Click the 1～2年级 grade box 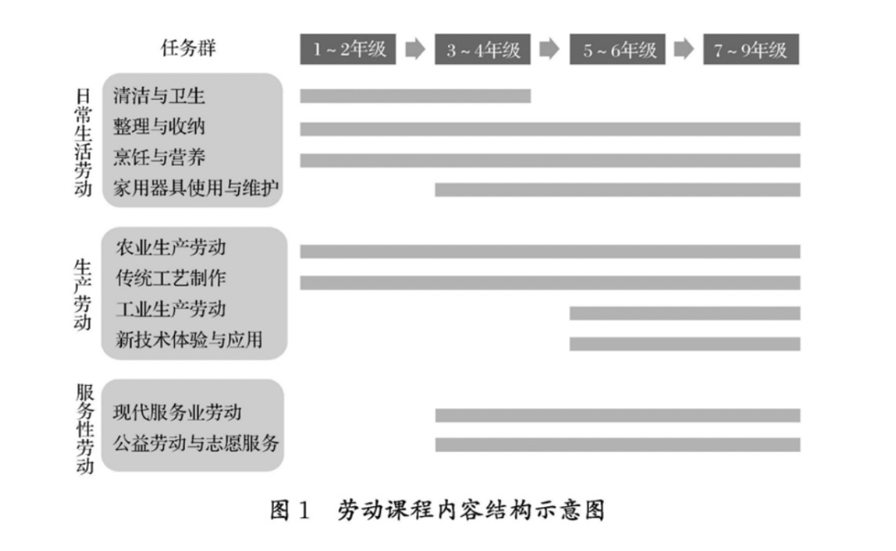[x=348, y=50]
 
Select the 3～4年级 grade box [x=483, y=50]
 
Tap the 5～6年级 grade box [x=618, y=50]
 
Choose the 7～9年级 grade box [x=751, y=50]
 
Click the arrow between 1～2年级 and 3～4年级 [x=415, y=50]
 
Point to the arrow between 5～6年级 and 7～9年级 [x=684, y=50]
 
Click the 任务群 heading [x=188, y=50]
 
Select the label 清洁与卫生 [x=159, y=96]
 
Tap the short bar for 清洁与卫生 [x=415, y=96]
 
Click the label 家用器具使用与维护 [x=197, y=190]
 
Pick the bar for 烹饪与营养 [x=550, y=160]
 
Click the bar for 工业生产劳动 [x=684, y=313]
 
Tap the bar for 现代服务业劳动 [x=618, y=415]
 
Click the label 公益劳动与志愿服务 [x=197, y=443]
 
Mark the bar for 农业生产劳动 [x=550, y=251]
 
